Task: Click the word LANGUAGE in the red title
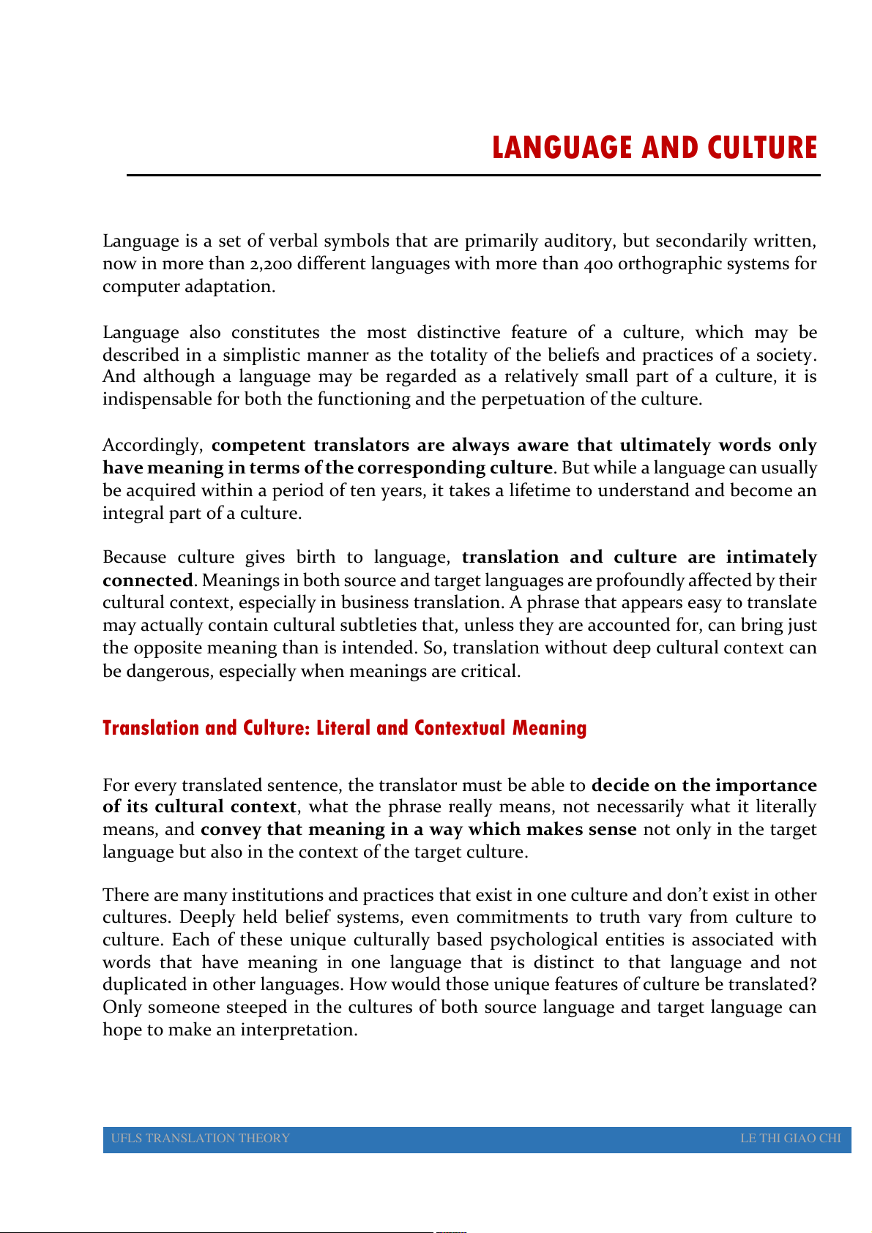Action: (x=563, y=148)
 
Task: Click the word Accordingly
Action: (x=152, y=446)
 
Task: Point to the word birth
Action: (x=316, y=558)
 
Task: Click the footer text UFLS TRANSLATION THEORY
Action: (x=201, y=1138)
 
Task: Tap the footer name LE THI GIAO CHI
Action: (x=790, y=1138)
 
